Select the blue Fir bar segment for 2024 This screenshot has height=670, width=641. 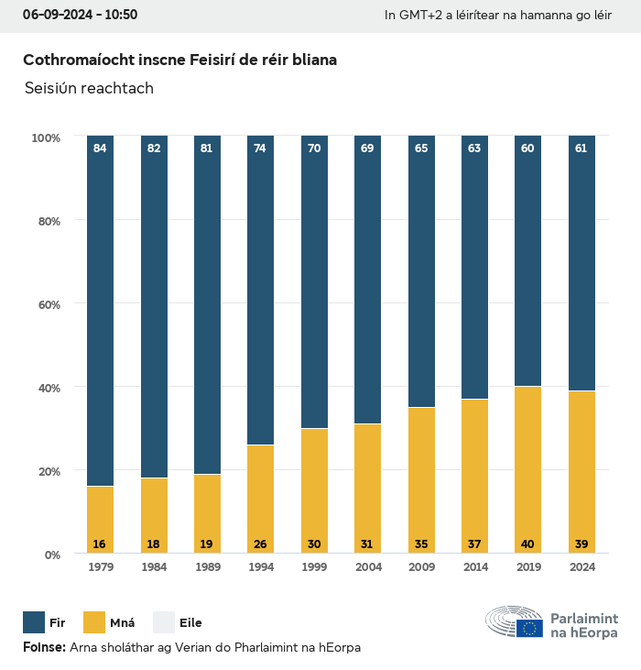[581, 266]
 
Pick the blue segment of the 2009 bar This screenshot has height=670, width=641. [421, 275]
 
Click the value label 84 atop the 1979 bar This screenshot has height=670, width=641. [100, 148]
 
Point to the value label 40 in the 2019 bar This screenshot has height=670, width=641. [527, 544]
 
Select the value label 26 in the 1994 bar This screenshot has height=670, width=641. [260, 544]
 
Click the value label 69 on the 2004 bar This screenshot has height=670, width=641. [367, 148]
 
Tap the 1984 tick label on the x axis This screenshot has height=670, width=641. [153, 567]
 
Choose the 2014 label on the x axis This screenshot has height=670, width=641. [474, 567]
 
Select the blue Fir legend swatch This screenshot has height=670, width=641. [34, 623]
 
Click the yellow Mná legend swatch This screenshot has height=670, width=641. [94, 623]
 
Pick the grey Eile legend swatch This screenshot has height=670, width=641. [162, 623]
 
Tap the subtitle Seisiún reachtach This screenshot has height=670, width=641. [89, 89]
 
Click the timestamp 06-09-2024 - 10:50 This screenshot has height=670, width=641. [81, 15]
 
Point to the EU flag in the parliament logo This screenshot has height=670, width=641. [529, 628]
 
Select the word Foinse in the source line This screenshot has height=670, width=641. [44, 648]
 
